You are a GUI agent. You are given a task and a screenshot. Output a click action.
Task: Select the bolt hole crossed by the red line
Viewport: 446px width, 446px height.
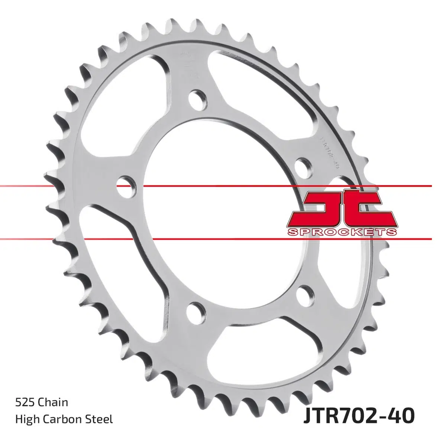[x=126, y=185]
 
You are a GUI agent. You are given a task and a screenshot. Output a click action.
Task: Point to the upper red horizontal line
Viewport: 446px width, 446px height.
[x=223, y=185]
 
